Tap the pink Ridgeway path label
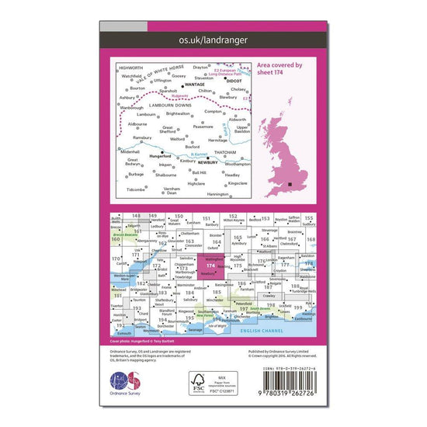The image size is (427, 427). (189, 98)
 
